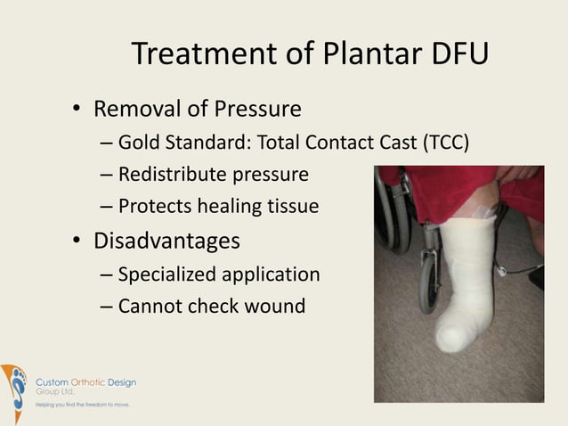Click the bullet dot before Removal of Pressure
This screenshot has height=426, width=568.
pyautogui.click(x=77, y=111)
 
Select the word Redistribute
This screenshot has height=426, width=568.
pyautogui.click(x=170, y=174)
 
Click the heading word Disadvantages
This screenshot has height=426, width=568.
pyautogui.click(x=166, y=241)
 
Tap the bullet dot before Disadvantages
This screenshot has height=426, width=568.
pyautogui.click(x=77, y=242)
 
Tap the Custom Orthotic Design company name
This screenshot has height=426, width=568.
pyautogui.click(x=85, y=382)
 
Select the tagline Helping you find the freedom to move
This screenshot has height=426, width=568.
pyautogui.click(x=82, y=405)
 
